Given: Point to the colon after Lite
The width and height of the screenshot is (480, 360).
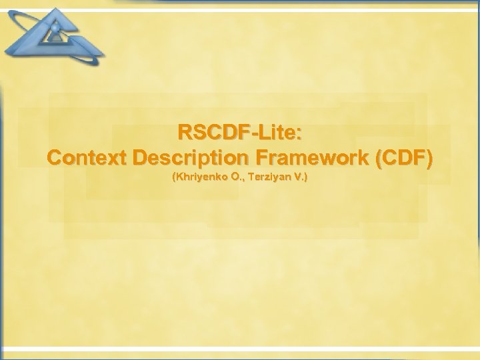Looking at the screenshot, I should (298, 133).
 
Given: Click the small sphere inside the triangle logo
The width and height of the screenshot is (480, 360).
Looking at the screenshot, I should (55, 28).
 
